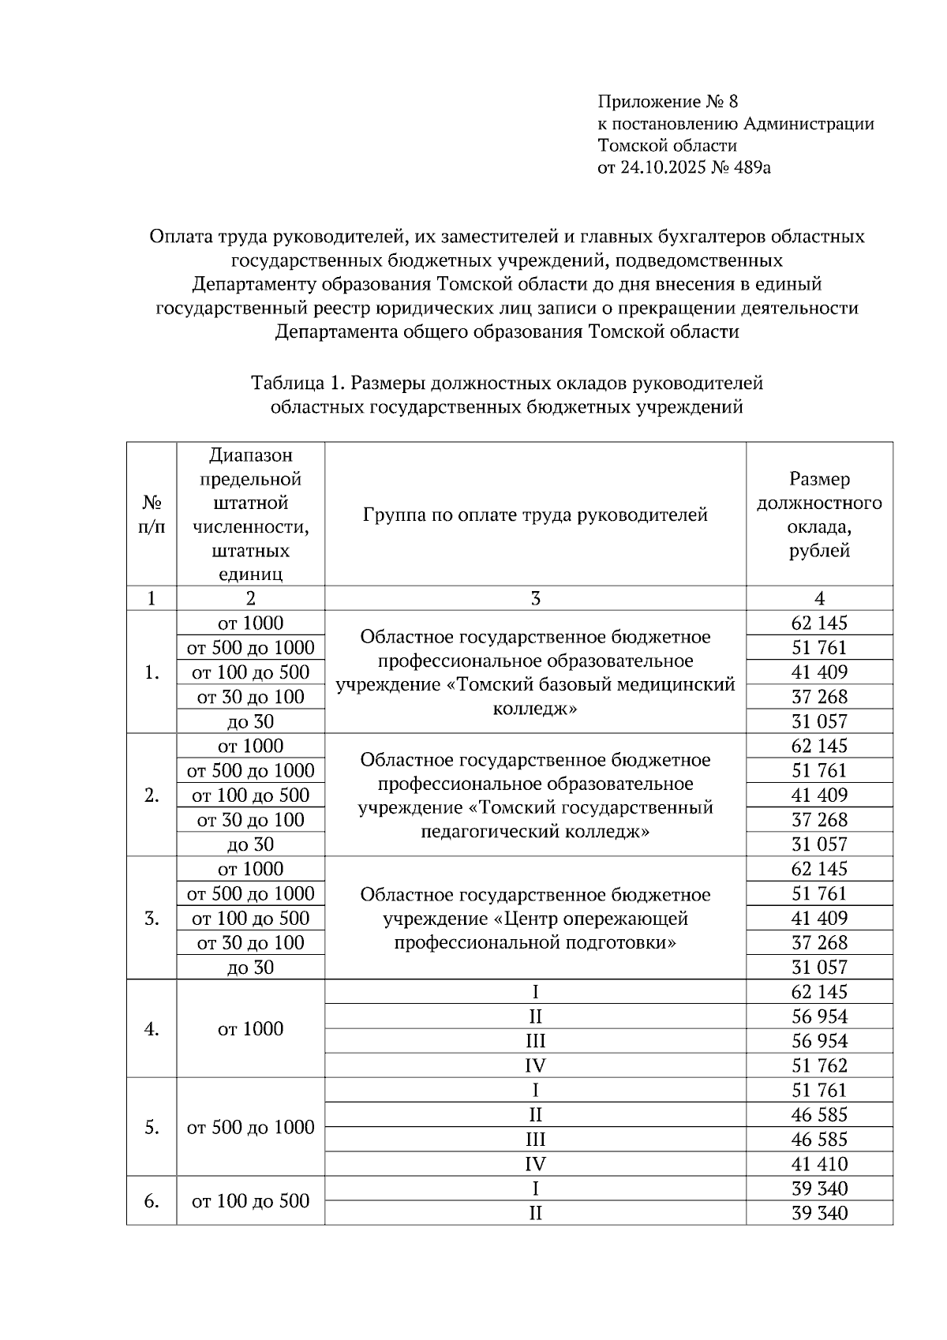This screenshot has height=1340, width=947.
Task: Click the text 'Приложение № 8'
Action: coord(668,102)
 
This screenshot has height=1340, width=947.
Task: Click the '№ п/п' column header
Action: coord(152,515)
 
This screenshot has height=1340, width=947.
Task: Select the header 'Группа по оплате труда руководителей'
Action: coord(535,515)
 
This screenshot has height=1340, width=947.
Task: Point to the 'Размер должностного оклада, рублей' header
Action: coord(819,515)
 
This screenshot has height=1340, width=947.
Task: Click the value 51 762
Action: coord(819,1065)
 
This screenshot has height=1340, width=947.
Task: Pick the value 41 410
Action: coord(819,1164)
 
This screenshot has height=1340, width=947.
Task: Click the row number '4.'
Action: coord(152,1029)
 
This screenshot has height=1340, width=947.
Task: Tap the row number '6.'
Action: coord(152,1201)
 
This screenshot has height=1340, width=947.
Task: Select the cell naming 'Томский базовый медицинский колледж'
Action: coord(535,672)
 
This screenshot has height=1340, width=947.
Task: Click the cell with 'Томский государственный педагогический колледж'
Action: coord(535,795)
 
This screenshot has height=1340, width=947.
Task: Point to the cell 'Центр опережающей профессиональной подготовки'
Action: coord(535,919)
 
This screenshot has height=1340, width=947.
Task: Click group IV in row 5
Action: coord(535,1164)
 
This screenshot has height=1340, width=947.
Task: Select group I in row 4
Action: coord(535,992)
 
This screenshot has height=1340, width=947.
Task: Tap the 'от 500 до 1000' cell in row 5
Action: coord(250,1128)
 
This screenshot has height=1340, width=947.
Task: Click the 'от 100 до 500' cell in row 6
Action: coord(250,1201)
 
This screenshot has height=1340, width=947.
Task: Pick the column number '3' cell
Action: coord(535,598)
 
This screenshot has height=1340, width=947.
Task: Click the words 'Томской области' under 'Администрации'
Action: coord(668,146)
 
